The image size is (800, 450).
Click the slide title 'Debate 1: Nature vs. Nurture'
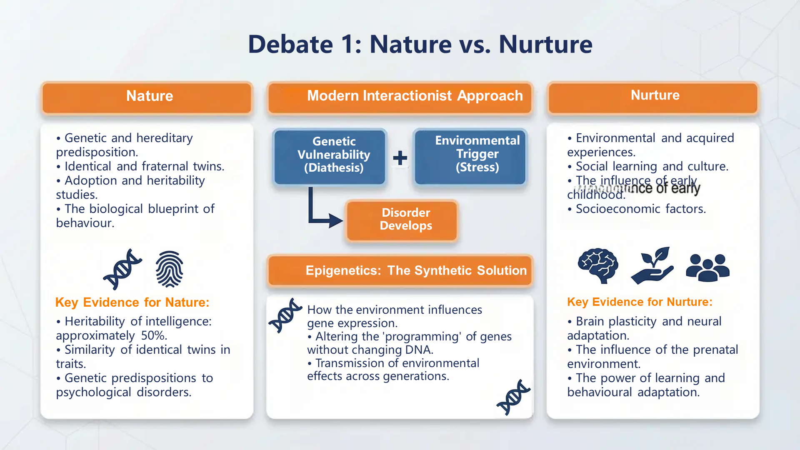pyautogui.click(x=420, y=44)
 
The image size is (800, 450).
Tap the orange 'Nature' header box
pyautogui.click(x=147, y=97)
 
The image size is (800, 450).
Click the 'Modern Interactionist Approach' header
pyautogui.click(x=400, y=97)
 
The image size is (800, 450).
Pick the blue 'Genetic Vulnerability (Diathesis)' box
pyautogui.click(x=330, y=156)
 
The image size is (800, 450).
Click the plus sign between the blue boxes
pyautogui.click(x=400, y=158)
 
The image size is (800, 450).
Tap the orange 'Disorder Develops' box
pyautogui.click(x=402, y=220)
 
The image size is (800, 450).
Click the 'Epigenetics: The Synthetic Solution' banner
pyautogui.click(x=400, y=271)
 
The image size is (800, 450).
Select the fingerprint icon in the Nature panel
pyautogui.click(x=169, y=269)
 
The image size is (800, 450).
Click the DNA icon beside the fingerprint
pyautogui.click(x=122, y=269)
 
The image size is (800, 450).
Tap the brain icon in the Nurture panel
pyautogui.click(x=598, y=265)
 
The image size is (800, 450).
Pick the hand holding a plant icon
pyautogui.click(x=652, y=266)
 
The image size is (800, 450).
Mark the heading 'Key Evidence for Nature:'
pyautogui.click(x=132, y=302)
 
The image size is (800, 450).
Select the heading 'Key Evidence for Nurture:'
pyautogui.click(x=640, y=302)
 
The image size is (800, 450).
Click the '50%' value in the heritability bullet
pyautogui.click(x=154, y=335)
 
